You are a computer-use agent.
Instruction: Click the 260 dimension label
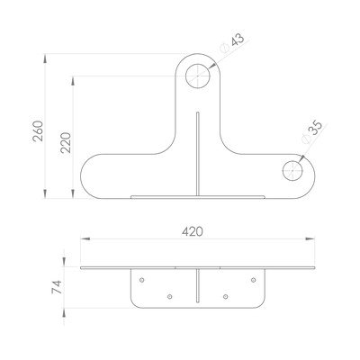click(x=39, y=130)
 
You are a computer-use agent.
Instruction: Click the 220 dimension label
click(x=66, y=142)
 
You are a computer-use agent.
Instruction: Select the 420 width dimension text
click(x=193, y=231)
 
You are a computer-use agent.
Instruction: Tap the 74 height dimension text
click(x=57, y=287)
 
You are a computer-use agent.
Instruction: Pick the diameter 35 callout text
click(x=312, y=131)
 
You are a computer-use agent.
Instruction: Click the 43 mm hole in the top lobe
click(x=198, y=76)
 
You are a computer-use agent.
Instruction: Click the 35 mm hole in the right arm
click(x=292, y=171)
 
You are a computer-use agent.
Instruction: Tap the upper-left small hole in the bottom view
click(x=142, y=280)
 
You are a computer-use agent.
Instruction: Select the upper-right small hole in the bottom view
click(x=254, y=280)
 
